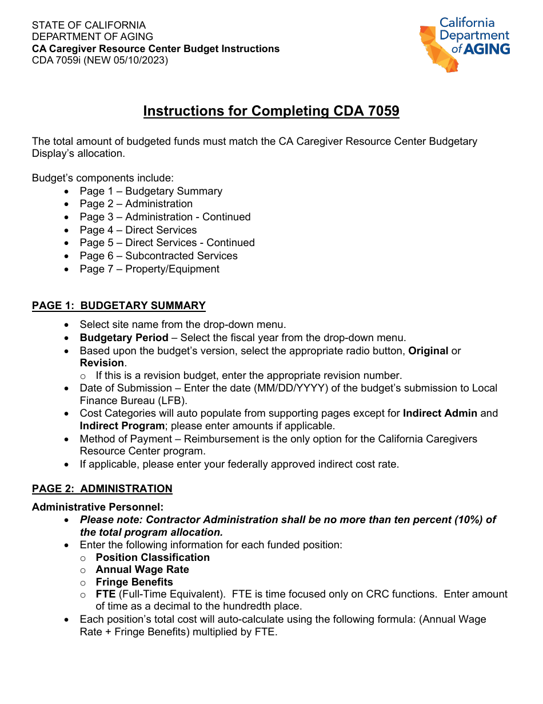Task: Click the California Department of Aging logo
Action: coord(464,45)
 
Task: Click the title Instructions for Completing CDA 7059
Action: coord(271,111)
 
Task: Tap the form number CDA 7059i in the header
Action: coord(56,60)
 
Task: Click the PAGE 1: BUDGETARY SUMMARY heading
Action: coord(118,306)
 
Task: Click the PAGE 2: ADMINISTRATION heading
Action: coord(102,489)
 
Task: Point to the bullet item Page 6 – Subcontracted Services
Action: coord(158,256)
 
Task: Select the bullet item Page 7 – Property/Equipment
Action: coord(149,269)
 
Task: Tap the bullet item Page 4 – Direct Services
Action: coord(138,230)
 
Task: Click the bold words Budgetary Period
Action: coord(124,338)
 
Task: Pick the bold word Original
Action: coord(428,350)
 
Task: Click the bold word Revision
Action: coord(102,363)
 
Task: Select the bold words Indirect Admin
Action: coord(440,413)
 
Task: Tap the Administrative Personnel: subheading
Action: coord(98,507)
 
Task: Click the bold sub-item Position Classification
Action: coord(153,557)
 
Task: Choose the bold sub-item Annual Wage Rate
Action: coord(142,569)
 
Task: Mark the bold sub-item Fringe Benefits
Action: coord(134,582)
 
